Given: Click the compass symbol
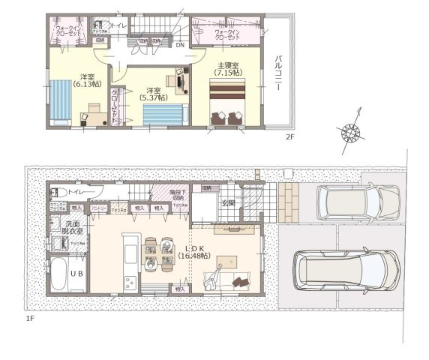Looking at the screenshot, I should click(x=351, y=132).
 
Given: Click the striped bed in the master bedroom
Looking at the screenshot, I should click(x=229, y=95).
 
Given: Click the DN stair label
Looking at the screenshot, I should click(x=179, y=44).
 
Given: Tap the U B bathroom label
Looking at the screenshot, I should click(x=77, y=273).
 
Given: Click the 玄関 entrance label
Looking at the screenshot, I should click(x=228, y=202).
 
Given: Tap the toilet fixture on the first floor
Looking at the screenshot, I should click(x=58, y=193).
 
